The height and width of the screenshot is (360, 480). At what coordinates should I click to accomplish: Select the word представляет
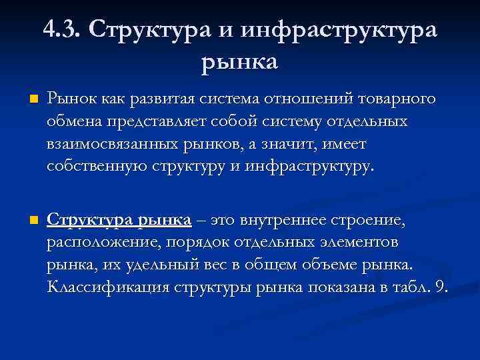163,122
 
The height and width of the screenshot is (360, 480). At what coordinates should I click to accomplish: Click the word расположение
97,243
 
